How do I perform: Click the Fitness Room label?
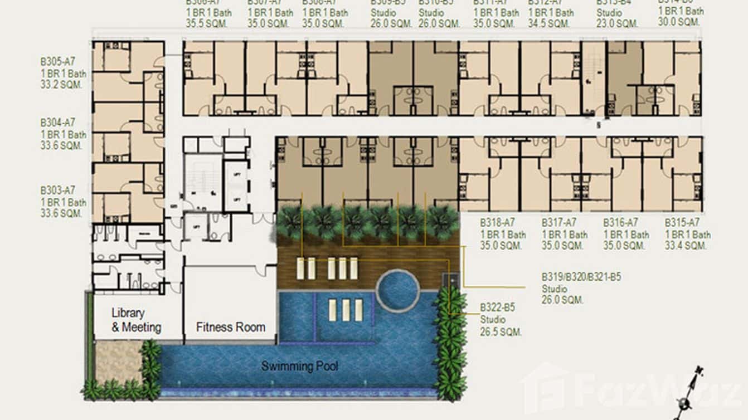click(230, 327)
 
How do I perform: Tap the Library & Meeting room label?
click(136, 320)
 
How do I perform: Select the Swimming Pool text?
click(300, 366)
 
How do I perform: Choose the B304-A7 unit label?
click(57, 123)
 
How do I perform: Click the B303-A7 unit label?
click(57, 190)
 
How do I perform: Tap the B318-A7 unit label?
click(497, 223)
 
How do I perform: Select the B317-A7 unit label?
click(558, 223)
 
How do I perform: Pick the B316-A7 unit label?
click(620, 223)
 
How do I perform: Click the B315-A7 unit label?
click(682, 223)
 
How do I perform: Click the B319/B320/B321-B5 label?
click(581, 277)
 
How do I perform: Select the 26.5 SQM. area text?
click(501, 332)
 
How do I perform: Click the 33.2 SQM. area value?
click(61, 85)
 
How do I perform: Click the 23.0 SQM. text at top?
click(617, 24)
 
